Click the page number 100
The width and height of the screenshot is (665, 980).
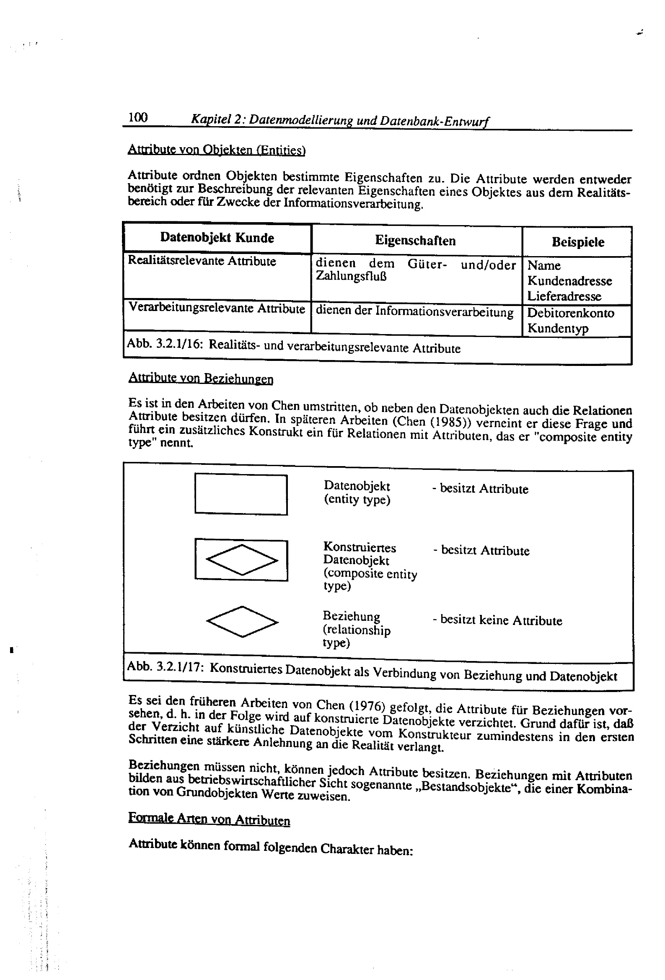point(138,117)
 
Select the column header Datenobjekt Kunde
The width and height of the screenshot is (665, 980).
point(217,238)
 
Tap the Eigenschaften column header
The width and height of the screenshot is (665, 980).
point(415,241)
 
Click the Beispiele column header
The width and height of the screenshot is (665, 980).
point(578,242)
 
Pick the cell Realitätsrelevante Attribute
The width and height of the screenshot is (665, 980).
point(202,261)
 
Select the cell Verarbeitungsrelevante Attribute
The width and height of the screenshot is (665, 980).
point(217,308)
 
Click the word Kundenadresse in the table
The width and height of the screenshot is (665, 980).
point(569,281)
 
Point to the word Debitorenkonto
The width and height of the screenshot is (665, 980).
point(571,313)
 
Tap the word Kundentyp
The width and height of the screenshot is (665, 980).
point(557,328)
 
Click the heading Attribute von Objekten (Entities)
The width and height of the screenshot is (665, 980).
point(216,150)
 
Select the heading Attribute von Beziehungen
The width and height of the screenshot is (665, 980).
point(201,378)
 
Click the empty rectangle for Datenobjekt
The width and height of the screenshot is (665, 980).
point(241,494)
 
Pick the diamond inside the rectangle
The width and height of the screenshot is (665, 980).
point(242,560)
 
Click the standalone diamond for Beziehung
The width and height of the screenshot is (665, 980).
point(242,622)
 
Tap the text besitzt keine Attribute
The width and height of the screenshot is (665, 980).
point(501,620)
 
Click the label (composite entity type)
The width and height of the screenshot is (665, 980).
point(370,580)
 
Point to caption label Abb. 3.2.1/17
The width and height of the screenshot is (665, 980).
point(165,666)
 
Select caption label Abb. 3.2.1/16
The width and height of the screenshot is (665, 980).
point(165,343)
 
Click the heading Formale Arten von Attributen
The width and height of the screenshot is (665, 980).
point(209,819)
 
